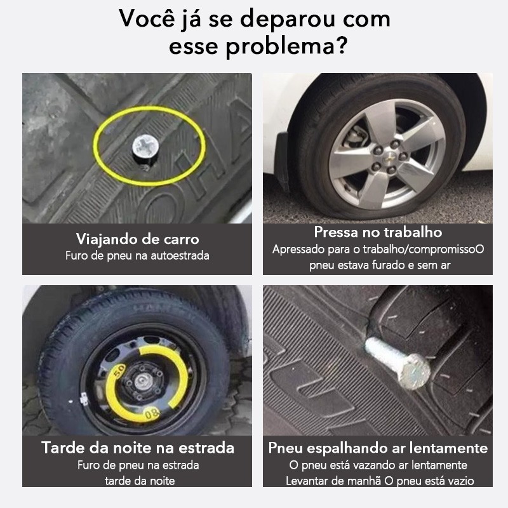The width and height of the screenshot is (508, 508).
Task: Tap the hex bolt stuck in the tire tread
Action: [x=399, y=362]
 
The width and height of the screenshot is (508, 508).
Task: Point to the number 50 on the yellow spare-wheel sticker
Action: [x=119, y=370]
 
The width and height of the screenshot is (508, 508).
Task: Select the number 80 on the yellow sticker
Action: [x=152, y=413]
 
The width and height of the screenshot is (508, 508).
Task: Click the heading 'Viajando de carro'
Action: [x=137, y=239]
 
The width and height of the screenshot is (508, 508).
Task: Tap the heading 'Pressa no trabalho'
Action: [x=378, y=232]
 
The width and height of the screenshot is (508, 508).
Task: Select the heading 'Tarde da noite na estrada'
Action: [x=138, y=448]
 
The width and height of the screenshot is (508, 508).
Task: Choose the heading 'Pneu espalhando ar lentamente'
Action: [x=378, y=448]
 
